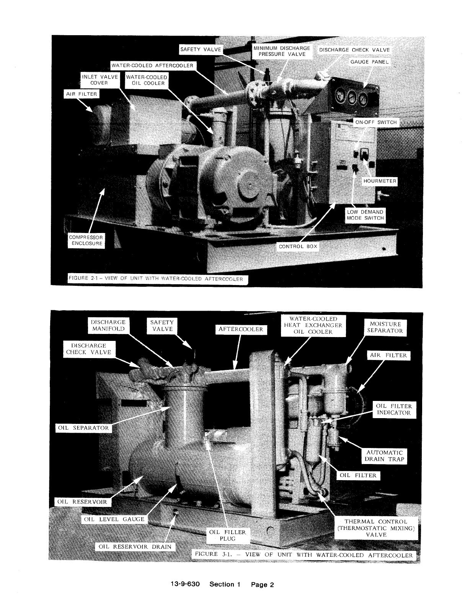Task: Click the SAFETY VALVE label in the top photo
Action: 201,49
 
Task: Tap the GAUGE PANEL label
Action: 369,62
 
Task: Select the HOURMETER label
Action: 380,181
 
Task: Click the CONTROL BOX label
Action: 298,246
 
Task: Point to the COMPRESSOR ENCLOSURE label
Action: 86,240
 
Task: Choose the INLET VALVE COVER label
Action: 100,80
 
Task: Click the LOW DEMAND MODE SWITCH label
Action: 366,215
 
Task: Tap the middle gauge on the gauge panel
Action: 352,98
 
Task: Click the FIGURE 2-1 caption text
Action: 156,279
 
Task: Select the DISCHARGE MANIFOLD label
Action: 108,325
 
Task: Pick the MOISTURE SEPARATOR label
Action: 385,327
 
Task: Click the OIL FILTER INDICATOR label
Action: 394,409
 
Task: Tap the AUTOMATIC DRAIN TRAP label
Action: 384,456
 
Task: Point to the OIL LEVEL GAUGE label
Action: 114,519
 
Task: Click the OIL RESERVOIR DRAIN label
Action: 135,546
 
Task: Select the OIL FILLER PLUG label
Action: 228,535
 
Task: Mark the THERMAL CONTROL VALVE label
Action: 376,528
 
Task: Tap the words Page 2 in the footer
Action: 262,585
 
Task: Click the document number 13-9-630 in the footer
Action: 185,584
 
